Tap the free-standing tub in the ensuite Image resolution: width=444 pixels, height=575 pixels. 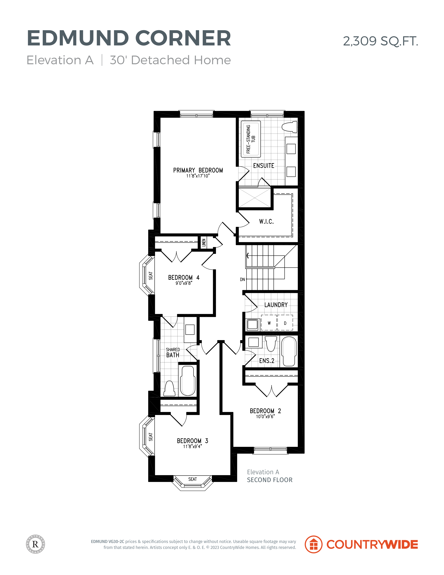pyautogui.click(x=251, y=139)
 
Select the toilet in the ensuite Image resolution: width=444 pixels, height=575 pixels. pyautogui.click(x=289, y=127)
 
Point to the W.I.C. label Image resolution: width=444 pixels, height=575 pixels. pyautogui.click(x=266, y=221)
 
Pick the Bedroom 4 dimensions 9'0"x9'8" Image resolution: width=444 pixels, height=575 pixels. pyautogui.click(x=184, y=283)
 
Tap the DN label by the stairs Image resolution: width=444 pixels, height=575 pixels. pyautogui.click(x=242, y=279)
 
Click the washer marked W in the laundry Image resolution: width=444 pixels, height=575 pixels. pyautogui.click(x=269, y=323)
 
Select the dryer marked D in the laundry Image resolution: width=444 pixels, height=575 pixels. pyautogui.click(x=285, y=323)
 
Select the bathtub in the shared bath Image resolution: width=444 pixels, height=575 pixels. pyautogui.click(x=188, y=381)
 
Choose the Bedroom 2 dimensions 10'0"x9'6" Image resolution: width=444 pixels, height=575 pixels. pyautogui.click(x=265, y=417)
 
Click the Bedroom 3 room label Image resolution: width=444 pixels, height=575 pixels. pyautogui.click(x=193, y=441)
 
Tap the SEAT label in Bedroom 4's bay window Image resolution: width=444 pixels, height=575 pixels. pyautogui.click(x=150, y=276)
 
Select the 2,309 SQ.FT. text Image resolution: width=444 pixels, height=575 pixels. pyautogui.click(x=380, y=41)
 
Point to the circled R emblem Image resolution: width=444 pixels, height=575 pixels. pyautogui.click(x=35, y=544)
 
